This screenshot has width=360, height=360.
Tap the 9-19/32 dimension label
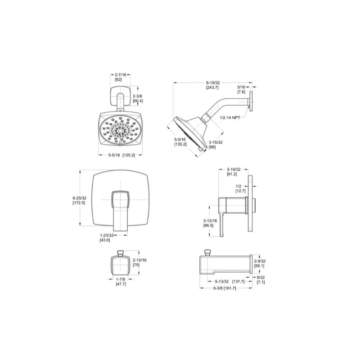click(213, 83)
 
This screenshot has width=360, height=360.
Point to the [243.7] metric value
click(213, 88)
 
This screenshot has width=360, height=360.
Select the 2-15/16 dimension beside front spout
click(139, 261)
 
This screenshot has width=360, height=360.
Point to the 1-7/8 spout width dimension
click(120, 279)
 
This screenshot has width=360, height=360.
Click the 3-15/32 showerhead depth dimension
click(216, 142)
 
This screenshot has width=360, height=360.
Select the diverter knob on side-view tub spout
click(208, 252)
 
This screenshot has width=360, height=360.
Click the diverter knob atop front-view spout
click(120, 252)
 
